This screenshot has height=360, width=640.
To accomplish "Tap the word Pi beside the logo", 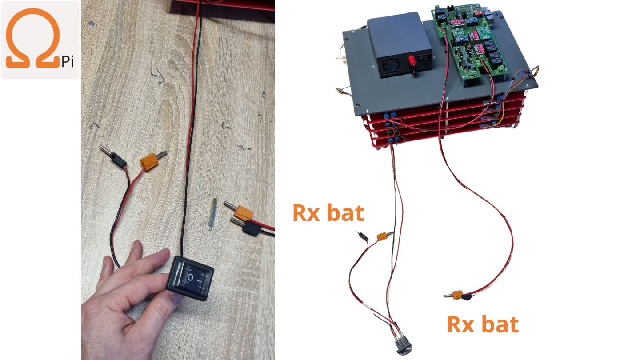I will (68, 62).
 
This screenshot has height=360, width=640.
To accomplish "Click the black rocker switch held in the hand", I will (190, 278).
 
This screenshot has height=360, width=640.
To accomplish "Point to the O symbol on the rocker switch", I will (190, 277).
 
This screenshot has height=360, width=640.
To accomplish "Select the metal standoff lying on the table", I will (212, 214).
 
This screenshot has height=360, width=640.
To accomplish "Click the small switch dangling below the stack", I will (403, 345).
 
